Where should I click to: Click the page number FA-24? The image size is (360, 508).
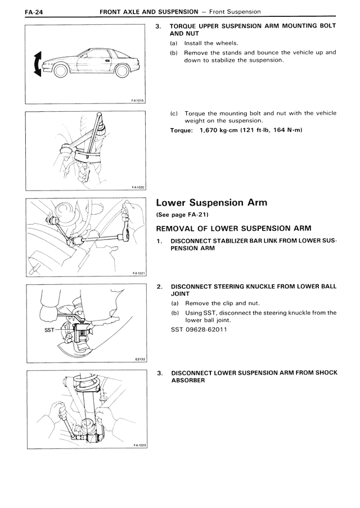point(34,12)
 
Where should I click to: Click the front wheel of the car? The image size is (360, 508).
point(61,71)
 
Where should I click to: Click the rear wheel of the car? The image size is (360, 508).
point(122,71)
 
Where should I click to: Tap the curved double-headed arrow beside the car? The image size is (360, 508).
point(38,64)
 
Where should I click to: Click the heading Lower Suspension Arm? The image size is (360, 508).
point(211,203)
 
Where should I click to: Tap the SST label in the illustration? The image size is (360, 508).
point(49,330)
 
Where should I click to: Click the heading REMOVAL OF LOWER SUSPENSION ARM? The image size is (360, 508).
point(233,228)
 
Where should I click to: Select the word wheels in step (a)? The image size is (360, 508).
point(227,43)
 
